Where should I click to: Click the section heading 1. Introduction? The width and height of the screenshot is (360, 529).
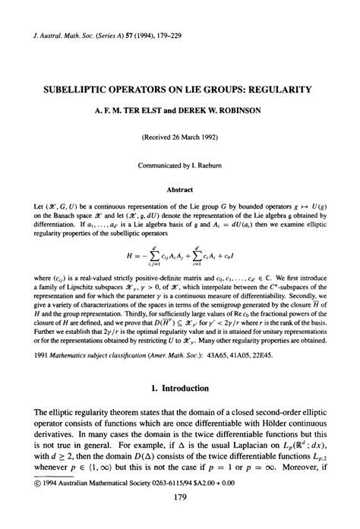(180, 387)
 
